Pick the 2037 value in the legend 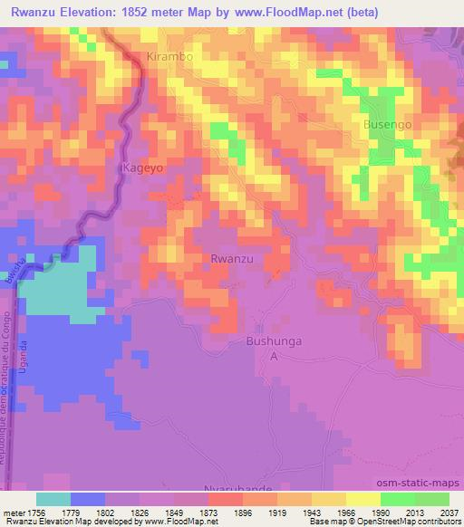coord(439,512)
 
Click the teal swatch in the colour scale coord(53,499)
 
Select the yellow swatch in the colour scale coord(362,499)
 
